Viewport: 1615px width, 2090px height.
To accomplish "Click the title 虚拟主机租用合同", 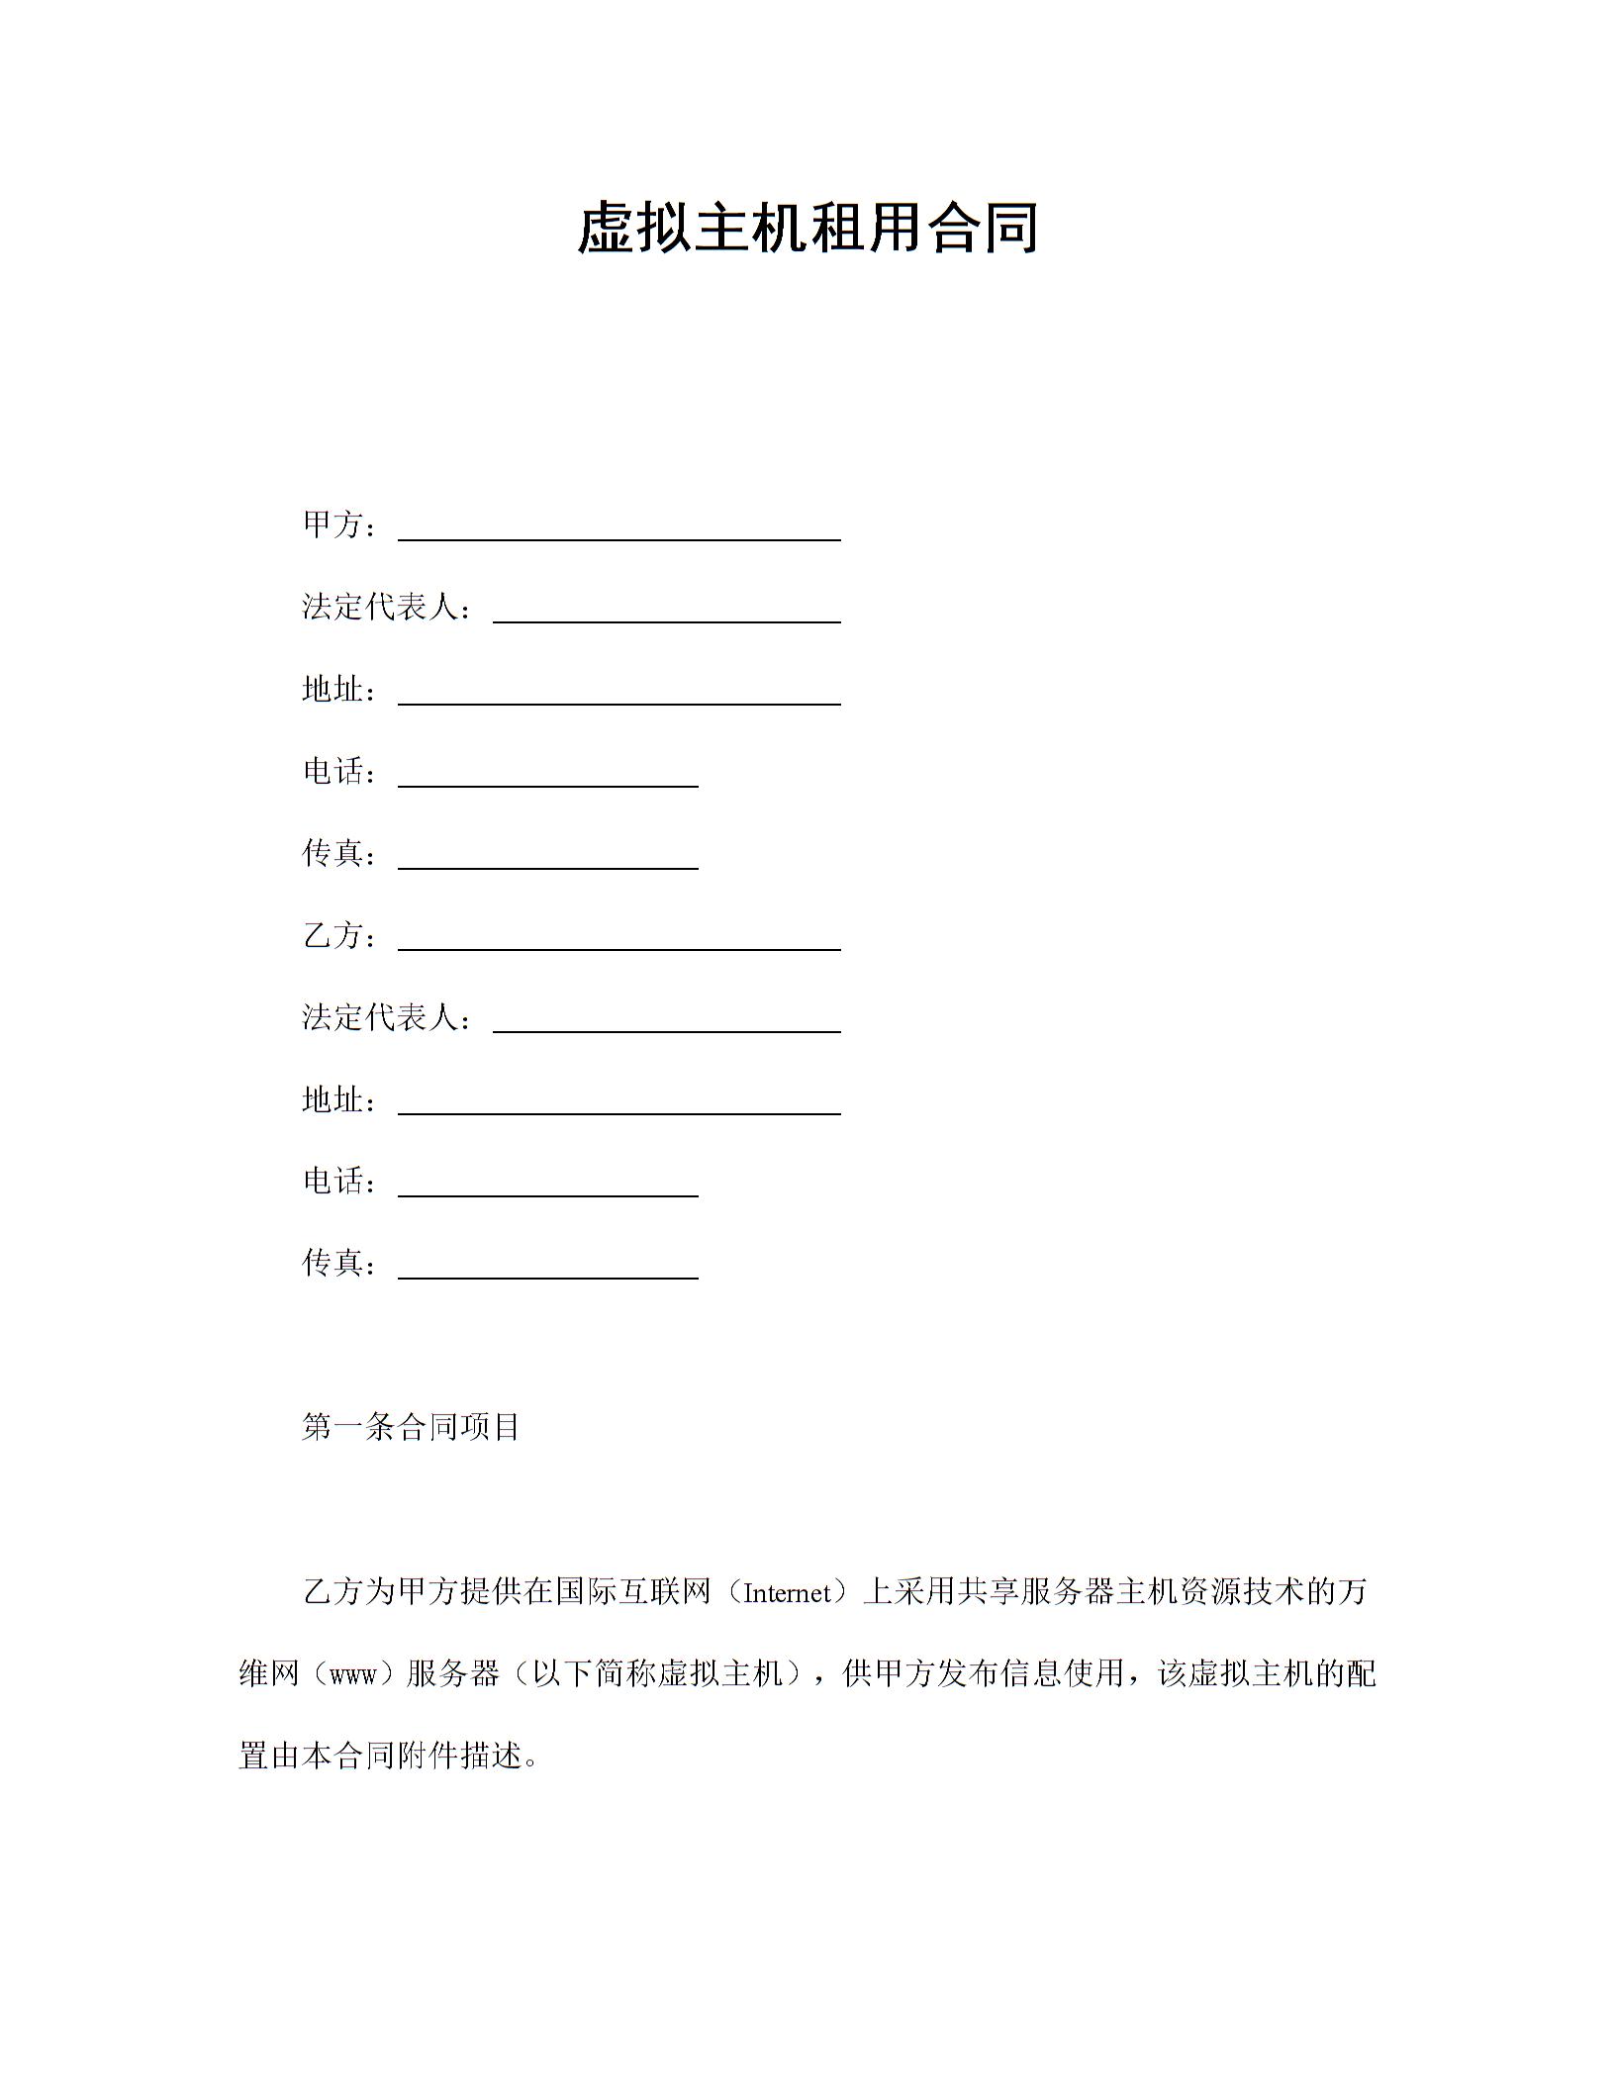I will [x=807, y=229].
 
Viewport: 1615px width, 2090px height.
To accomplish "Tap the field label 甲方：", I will [x=338, y=525].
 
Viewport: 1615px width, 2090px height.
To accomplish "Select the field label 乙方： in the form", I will [x=338, y=935].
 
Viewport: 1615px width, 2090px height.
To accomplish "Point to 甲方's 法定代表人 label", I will [x=386, y=608].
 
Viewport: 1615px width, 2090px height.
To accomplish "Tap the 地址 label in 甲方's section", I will [x=338, y=690].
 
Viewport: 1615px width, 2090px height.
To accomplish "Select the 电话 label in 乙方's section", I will [x=338, y=1181].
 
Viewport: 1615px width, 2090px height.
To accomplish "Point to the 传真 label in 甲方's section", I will [x=338, y=853].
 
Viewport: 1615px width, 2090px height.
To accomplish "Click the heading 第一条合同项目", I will [x=411, y=1427].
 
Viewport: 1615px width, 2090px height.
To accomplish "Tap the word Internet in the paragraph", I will [x=787, y=1593].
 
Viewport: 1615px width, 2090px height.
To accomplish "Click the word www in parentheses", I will [x=351, y=1674].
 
